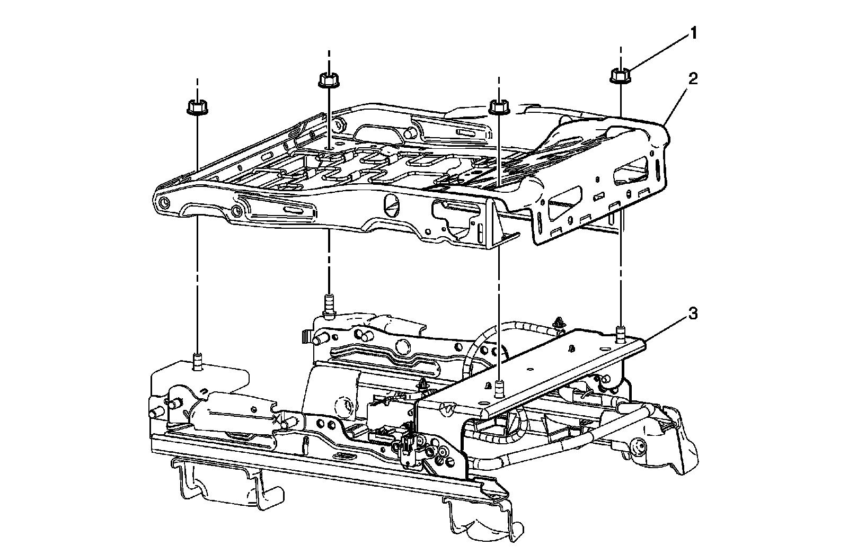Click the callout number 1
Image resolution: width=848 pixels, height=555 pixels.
pos(692,34)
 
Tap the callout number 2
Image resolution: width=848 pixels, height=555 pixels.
pos(693,80)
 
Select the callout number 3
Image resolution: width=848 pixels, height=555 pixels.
pos(693,314)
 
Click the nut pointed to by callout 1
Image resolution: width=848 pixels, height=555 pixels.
pos(619,76)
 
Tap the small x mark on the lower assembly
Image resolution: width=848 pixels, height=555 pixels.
pos(275,419)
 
